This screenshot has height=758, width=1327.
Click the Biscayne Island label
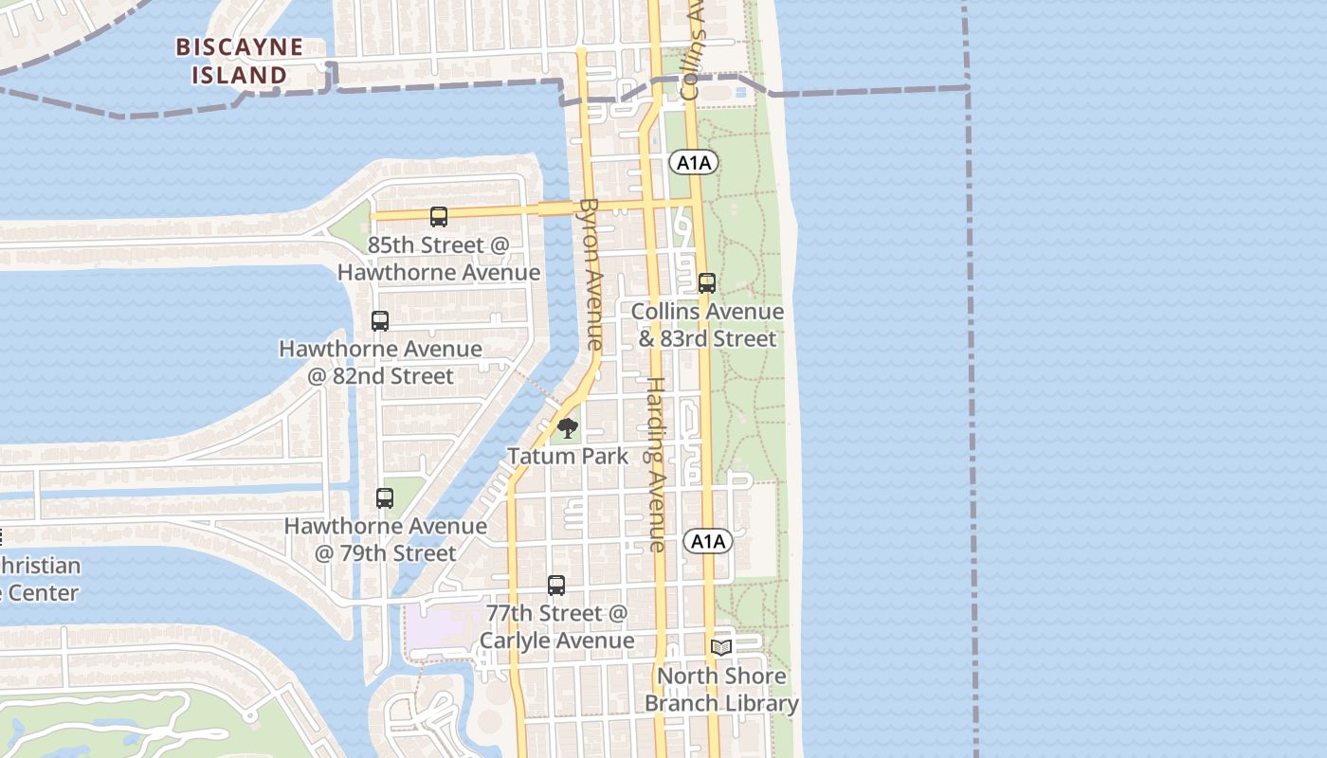[x=240, y=61]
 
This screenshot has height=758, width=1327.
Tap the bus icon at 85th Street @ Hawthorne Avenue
[x=439, y=217]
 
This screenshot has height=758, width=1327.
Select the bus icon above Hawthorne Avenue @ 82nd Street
[x=380, y=321]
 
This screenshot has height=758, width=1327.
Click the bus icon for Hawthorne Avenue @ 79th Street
[x=385, y=498]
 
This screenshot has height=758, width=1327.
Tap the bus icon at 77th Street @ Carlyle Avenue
[x=556, y=586]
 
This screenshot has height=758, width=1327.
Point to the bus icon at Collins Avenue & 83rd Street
[x=707, y=283]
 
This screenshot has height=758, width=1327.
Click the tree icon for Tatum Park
[x=568, y=429]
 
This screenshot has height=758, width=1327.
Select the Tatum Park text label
[x=568, y=456]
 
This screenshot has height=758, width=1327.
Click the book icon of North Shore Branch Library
[x=721, y=647]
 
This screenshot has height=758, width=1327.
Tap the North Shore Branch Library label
[x=721, y=690]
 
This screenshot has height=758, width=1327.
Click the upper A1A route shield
[x=694, y=163]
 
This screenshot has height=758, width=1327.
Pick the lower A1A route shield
[x=708, y=542]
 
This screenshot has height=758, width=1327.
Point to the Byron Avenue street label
[x=591, y=275]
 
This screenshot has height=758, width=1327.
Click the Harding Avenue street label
[x=656, y=464]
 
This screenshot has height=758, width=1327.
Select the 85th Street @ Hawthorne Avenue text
[x=439, y=259]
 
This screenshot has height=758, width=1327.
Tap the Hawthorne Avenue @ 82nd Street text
[x=380, y=363]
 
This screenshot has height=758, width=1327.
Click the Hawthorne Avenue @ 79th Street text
[x=386, y=539]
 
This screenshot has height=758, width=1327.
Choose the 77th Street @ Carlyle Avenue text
[x=556, y=627]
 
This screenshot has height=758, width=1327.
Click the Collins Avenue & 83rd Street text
[x=707, y=325]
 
